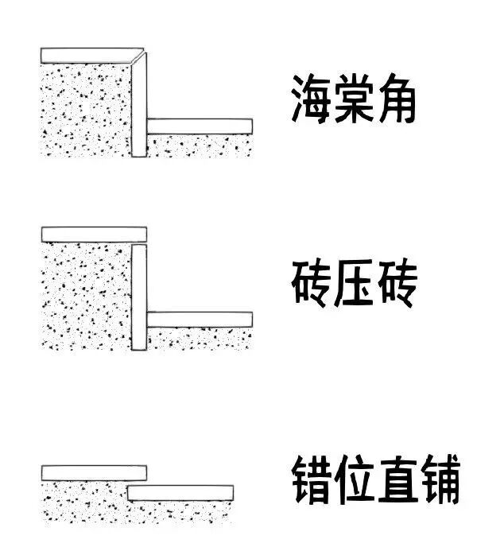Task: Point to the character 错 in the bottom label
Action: point(310,479)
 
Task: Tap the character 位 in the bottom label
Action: point(352,479)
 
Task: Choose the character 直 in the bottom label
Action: point(395,479)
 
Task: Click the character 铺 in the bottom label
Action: point(438,479)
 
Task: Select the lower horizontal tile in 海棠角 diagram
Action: point(200,126)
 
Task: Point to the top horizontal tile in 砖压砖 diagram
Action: point(93,235)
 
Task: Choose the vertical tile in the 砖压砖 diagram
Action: point(139,298)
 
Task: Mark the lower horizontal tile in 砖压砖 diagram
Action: point(200,319)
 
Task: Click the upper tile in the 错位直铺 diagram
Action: point(93,472)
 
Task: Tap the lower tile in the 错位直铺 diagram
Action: point(180,492)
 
